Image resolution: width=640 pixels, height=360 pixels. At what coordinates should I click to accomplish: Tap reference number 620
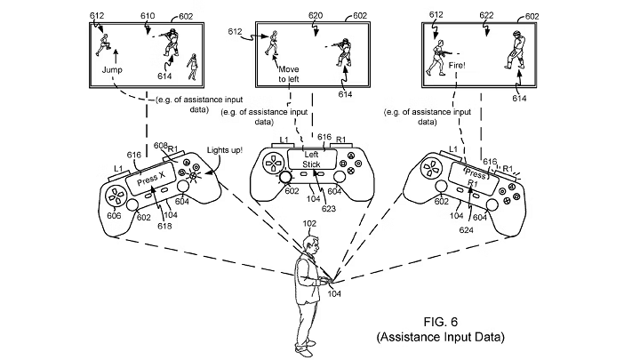pos(316,16)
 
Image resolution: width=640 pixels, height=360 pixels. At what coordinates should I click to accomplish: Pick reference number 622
pos(486,16)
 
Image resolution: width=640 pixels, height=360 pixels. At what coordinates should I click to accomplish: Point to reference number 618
pos(151,228)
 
